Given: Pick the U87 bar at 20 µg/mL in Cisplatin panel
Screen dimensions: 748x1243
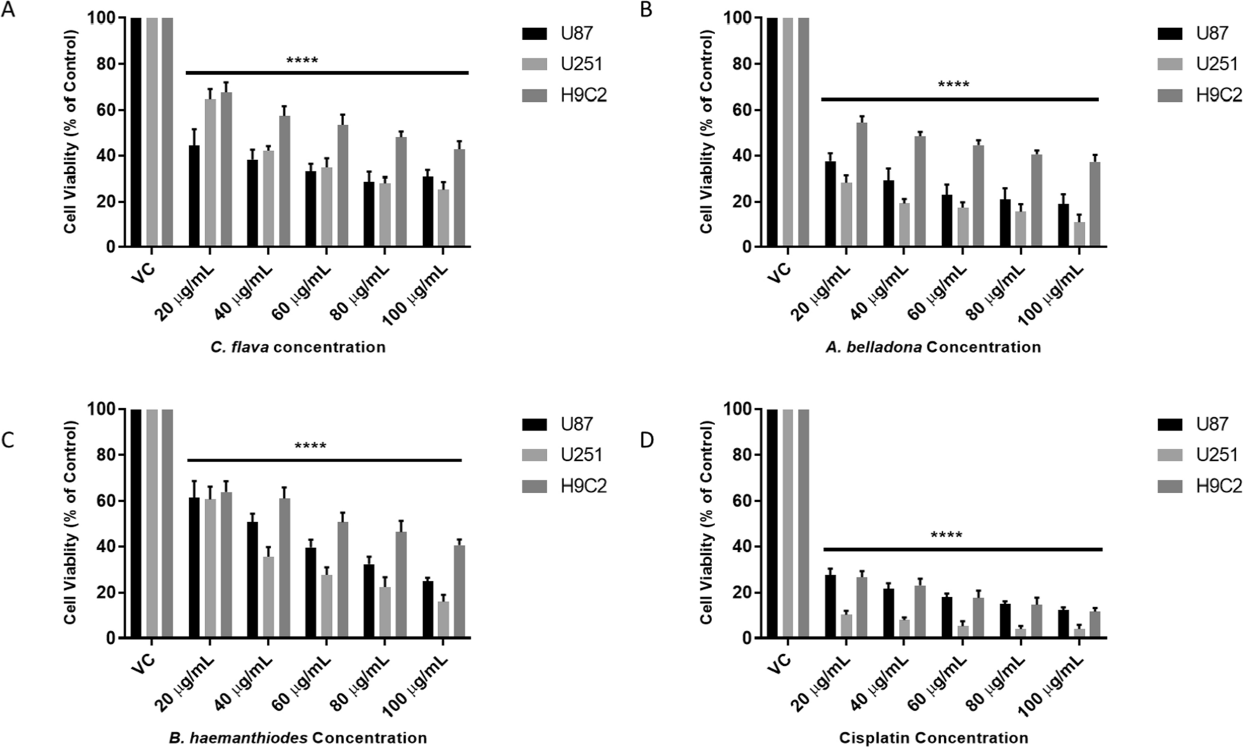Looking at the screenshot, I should point(830,607).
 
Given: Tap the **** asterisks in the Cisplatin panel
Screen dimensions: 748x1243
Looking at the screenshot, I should point(946,536).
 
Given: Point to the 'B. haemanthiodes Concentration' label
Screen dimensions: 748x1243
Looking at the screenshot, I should point(298,738).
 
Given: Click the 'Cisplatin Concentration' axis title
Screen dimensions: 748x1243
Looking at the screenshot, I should point(933,738).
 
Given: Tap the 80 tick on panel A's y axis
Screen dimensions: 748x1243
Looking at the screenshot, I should point(101,64).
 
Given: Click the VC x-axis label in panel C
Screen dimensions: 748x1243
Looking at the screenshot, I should point(143,663).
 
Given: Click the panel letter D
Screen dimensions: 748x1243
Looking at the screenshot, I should point(646,440).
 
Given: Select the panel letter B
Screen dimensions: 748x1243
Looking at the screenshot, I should point(646,10).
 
